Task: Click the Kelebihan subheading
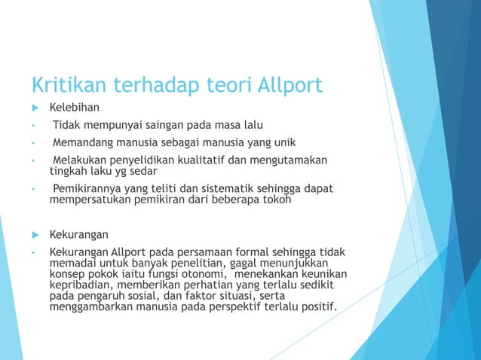coord(75,107)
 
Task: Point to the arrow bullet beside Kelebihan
coord(34,107)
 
